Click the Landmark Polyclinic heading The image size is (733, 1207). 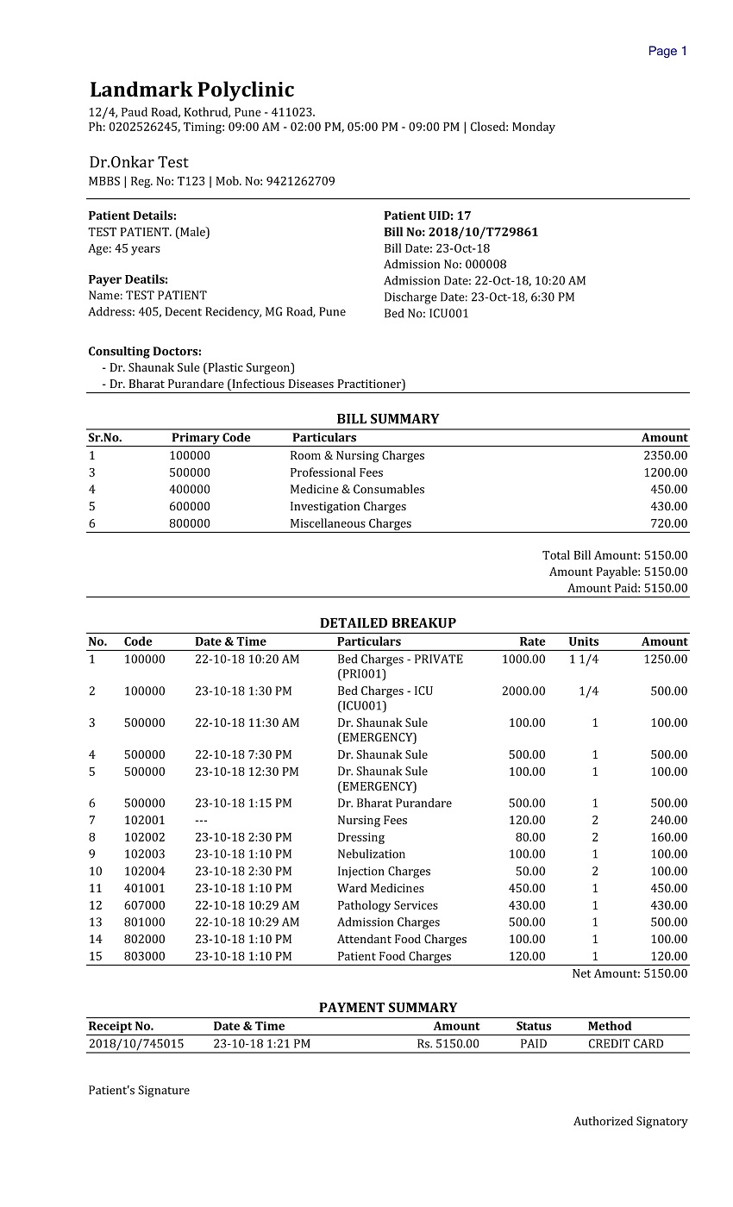pos(191,90)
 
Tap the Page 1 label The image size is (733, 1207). pos(667,51)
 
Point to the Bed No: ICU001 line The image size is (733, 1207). pos(426,314)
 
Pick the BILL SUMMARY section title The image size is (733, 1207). pos(387,419)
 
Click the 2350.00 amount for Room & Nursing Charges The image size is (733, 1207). pos(665,456)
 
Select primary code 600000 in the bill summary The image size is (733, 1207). pos(190,507)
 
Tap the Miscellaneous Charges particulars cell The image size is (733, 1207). pos(350,524)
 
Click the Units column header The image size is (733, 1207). pos(583,642)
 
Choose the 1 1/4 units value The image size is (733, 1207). pos(584,660)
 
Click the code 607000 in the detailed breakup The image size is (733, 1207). pos(144,906)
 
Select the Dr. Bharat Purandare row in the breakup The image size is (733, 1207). pos(394,804)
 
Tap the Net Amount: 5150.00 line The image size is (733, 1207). pos(630,973)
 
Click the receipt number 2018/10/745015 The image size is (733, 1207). pos(136,1044)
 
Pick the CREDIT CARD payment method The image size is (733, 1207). pos(625,1044)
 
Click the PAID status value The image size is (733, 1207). pos(534,1044)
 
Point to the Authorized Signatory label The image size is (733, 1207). pos(630,1122)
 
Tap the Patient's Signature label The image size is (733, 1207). pos(139,1091)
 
